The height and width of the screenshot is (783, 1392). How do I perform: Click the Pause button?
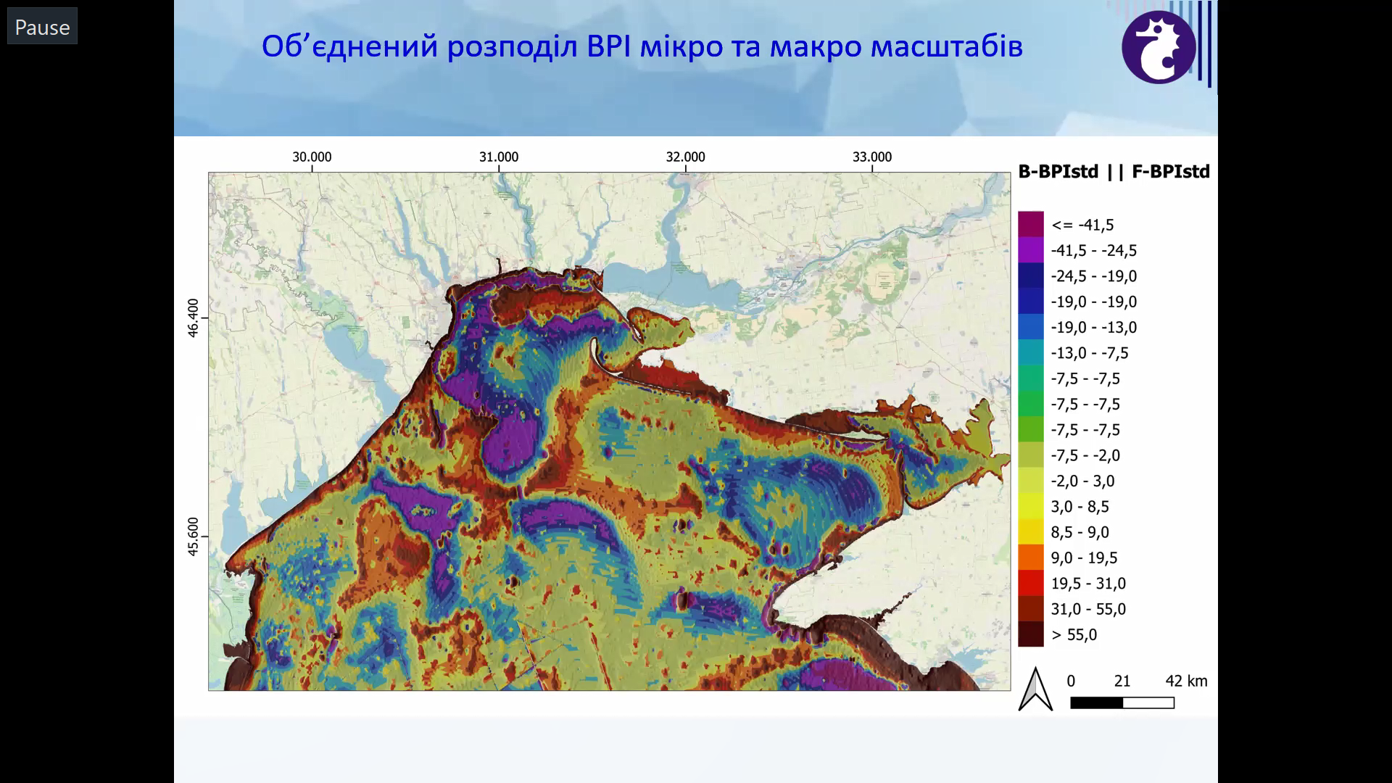(x=42, y=27)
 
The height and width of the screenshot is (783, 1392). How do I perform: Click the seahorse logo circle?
(x=1159, y=47)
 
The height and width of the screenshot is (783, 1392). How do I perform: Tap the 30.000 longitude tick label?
(x=312, y=157)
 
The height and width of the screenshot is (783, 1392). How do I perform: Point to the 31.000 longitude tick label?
(x=499, y=157)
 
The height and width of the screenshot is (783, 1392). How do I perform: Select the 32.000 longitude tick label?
(x=685, y=157)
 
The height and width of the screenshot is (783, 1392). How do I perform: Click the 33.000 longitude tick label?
(x=872, y=157)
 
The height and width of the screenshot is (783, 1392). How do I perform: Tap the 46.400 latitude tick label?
(x=193, y=318)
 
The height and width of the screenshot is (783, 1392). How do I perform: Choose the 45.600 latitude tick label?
(x=193, y=537)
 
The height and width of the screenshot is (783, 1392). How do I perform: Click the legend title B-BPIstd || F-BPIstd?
(x=1114, y=172)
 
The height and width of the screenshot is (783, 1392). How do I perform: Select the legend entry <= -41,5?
(x=1082, y=225)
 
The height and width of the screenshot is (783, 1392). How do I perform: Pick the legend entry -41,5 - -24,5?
(x=1094, y=251)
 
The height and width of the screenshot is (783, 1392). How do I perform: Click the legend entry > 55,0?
(x=1074, y=635)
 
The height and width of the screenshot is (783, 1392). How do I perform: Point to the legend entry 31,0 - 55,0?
(x=1088, y=609)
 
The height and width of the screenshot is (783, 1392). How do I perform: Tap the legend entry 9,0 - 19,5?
(x=1084, y=558)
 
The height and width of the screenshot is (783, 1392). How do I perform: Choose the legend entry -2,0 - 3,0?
(x=1082, y=481)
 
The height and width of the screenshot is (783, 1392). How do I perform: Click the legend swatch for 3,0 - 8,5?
(x=1030, y=507)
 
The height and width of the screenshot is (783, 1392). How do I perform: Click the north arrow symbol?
(x=1035, y=689)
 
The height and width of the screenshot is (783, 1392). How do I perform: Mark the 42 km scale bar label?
(x=1186, y=681)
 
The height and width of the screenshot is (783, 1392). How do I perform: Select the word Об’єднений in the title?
(x=350, y=47)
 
